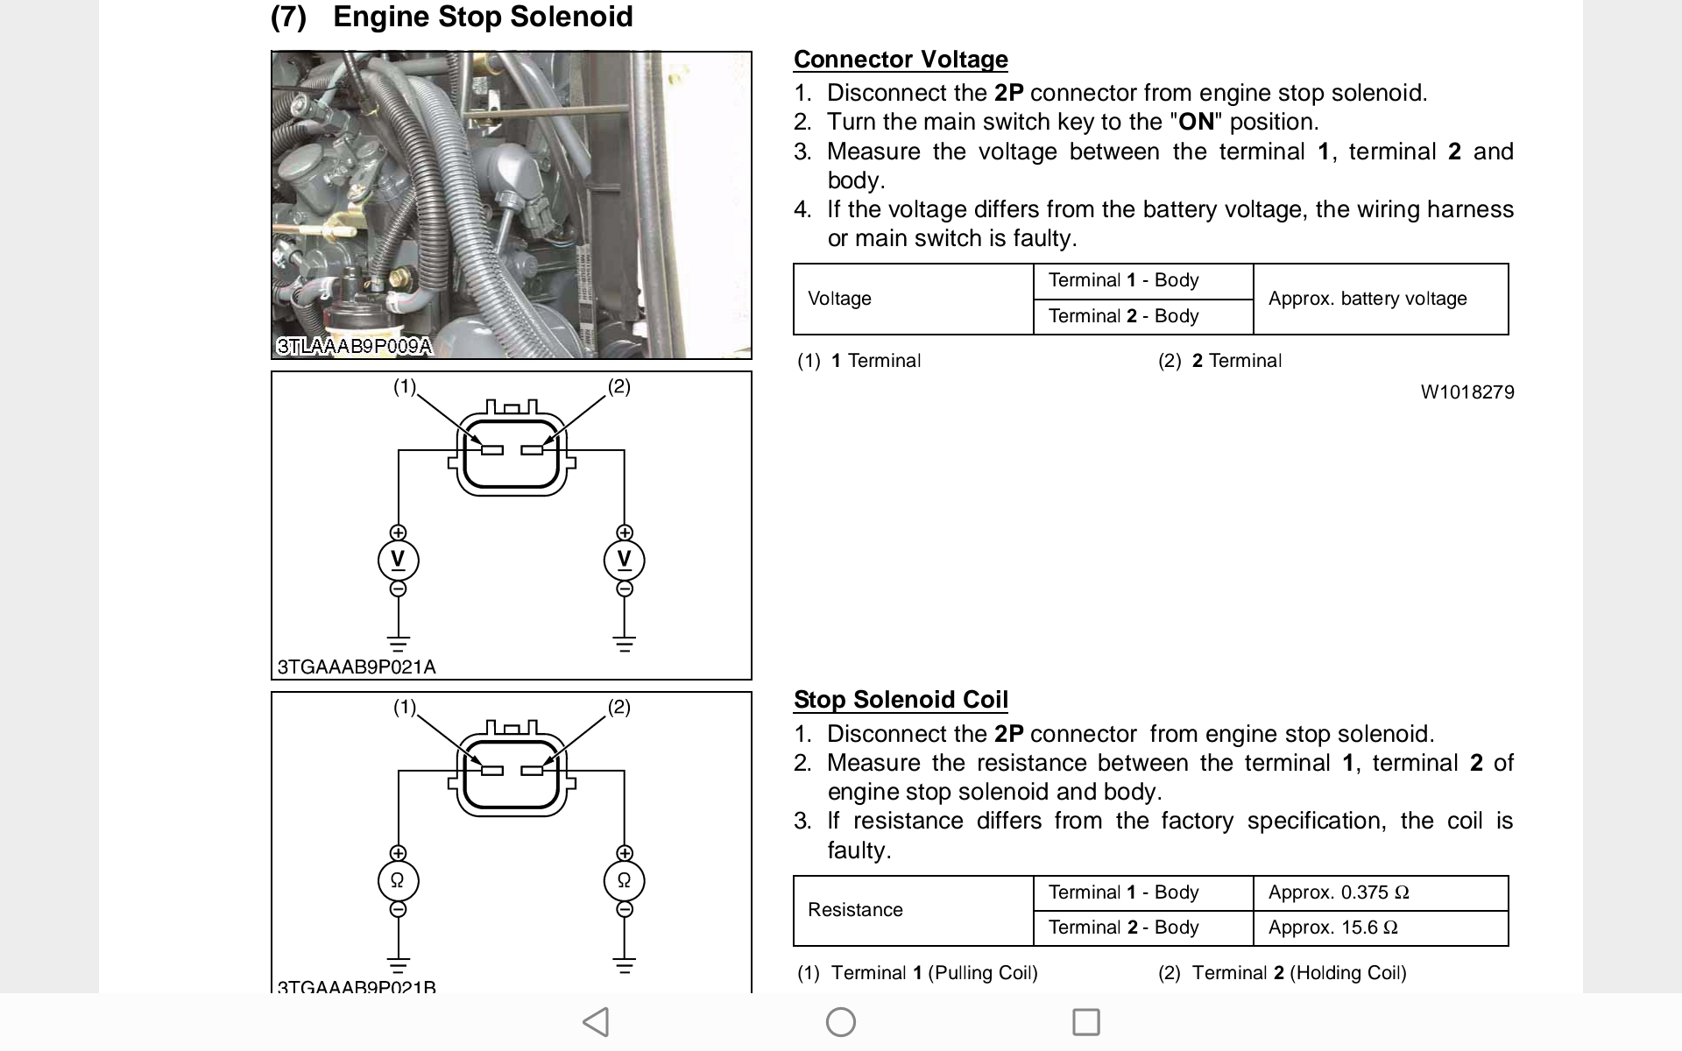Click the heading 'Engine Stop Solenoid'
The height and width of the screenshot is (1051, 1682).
click(x=483, y=17)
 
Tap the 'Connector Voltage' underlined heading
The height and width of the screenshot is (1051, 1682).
click(x=900, y=60)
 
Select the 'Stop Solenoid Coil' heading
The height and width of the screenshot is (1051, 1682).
click(x=900, y=700)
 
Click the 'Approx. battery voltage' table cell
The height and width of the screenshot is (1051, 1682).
click(x=1367, y=299)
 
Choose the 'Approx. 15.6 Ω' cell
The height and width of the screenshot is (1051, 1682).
click(x=1332, y=928)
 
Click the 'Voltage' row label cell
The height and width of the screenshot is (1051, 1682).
click(x=839, y=299)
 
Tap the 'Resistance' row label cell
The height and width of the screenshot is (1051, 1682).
click(x=854, y=910)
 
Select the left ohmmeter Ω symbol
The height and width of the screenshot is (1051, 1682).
click(x=398, y=881)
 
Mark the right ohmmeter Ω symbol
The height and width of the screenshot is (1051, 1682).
click(x=624, y=881)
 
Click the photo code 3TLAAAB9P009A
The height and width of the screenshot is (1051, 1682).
click(x=354, y=346)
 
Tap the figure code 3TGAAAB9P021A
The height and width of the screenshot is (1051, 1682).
click(x=356, y=667)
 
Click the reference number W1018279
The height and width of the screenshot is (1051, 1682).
click(x=1466, y=392)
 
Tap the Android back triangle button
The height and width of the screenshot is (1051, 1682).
click(x=596, y=1022)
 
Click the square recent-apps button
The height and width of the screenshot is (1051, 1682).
click(x=1085, y=1022)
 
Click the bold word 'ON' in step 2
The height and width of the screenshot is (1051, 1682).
click(x=1196, y=122)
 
